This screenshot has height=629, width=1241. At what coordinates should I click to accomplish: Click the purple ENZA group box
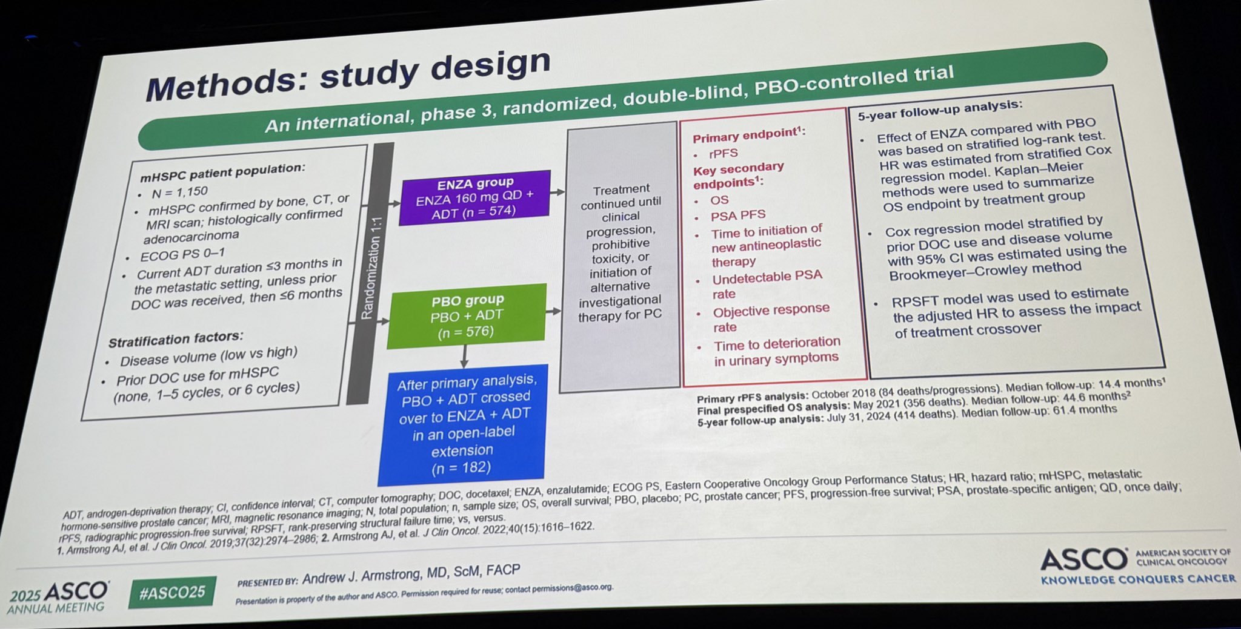coord(474,197)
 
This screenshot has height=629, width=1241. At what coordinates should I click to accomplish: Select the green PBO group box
coord(467,315)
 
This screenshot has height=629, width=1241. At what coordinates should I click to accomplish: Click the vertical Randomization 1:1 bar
coord(370,273)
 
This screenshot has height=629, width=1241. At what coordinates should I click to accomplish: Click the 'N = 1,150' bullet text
coord(179,193)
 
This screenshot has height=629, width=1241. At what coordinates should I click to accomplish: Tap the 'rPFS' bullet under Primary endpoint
coord(724,154)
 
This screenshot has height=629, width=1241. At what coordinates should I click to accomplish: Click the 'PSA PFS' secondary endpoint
coord(738,215)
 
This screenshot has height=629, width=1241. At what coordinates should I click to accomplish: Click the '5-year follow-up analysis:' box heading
coord(940,110)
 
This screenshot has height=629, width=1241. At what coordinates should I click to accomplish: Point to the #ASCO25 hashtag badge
coord(172,592)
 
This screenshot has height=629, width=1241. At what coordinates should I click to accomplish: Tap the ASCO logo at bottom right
coord(1084,559)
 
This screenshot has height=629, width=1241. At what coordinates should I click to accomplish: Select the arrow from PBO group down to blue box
coord(464,356)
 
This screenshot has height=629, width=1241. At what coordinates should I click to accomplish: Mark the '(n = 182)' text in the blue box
coord(461,468)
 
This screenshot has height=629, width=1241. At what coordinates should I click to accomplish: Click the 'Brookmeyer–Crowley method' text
coord(985,271)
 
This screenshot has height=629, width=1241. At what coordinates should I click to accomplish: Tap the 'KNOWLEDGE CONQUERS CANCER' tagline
coord(1138,579)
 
